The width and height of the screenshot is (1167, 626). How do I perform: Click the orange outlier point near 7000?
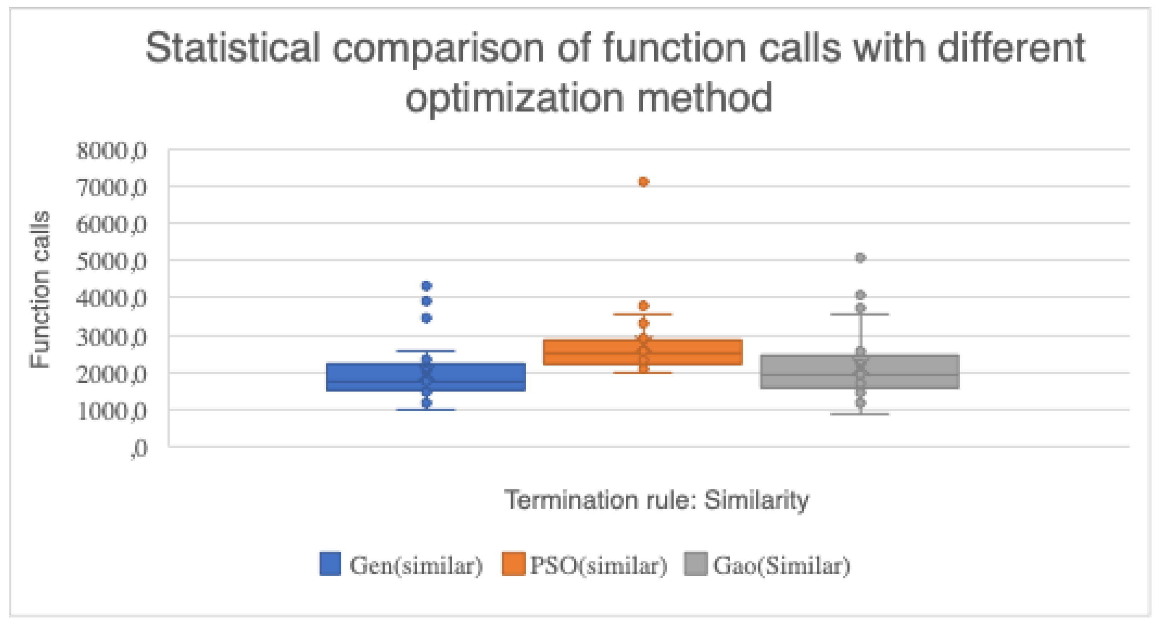coord(643,182)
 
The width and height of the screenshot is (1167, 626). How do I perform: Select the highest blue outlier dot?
coord(426,286)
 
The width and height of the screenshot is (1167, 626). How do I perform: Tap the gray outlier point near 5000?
coord(860,258)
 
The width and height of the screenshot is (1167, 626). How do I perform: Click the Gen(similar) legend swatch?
coord(330,564)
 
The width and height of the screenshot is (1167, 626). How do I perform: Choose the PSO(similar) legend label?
coord(598,565)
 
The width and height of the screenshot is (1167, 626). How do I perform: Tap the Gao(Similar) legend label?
coord(781,565)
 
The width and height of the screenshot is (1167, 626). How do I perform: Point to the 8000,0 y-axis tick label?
coord(111,151)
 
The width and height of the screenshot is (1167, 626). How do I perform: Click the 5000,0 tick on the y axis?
coord(111,261)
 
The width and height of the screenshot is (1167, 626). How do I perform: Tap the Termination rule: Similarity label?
coord(657,500)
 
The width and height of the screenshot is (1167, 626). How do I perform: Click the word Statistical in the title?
coord(232,48)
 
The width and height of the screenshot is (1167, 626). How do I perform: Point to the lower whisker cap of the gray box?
coord(860,414)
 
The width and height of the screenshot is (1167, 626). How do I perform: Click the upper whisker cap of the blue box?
coord(426,351)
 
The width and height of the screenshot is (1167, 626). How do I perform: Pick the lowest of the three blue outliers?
coord(426,318)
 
